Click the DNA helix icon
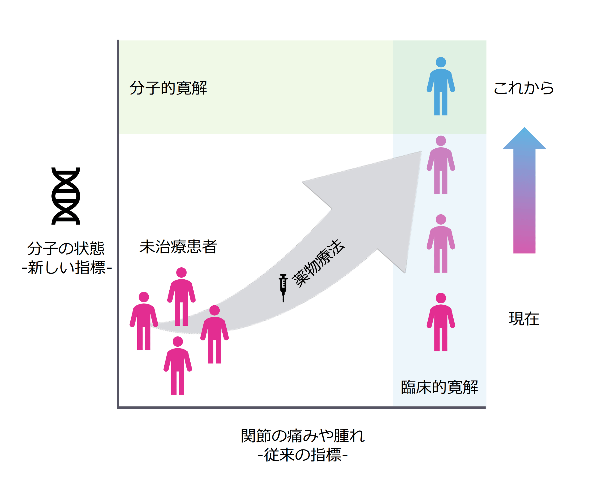tap(66, 196)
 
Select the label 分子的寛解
tap(168, 88)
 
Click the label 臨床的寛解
tap(439, 387)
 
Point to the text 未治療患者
tap(178, 247)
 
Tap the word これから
tap(524, 88)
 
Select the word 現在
tap(524, 319)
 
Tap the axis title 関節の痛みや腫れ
tap(303, 436)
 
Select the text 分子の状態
tap(66, 248)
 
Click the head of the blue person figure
tap(441, 62)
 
